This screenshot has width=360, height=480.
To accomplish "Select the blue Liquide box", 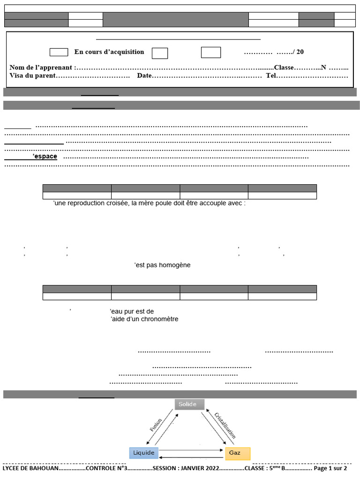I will [143, 453].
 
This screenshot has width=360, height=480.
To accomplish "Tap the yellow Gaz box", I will [238, 453].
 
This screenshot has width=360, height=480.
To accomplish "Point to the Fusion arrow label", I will [156, 425].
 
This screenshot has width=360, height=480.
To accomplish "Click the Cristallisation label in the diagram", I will [225, 425].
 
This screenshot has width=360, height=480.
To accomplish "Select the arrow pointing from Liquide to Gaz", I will [192, 450].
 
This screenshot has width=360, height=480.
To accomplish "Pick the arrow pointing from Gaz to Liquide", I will [192, 456].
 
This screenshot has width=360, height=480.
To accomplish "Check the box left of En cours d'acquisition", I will [59, 52].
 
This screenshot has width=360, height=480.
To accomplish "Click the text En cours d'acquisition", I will [109, 52].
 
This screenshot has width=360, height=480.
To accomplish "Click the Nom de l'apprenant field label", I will [41, 67].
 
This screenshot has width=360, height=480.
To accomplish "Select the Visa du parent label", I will [32, 75].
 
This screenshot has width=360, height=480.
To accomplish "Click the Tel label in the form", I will [271, 75].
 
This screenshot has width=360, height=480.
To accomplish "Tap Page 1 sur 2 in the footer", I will [330, 468].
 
